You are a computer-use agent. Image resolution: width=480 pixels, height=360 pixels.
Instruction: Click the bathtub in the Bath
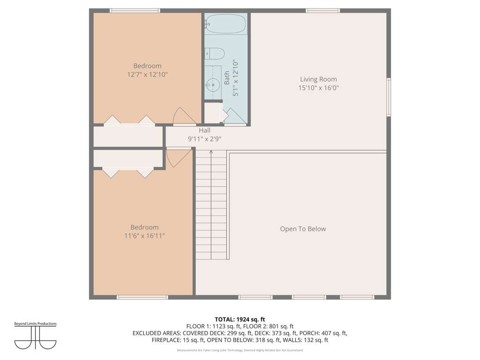[x=226, y=23]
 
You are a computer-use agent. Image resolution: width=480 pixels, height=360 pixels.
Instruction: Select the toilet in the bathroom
[x=215, y=53]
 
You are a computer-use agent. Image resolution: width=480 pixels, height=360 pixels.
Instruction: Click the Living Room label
[x=318, y=79]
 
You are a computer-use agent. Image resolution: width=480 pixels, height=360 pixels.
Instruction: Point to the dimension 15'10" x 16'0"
[x=318, y=88]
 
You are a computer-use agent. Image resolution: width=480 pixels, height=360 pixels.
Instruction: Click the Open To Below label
[x=303, y=229]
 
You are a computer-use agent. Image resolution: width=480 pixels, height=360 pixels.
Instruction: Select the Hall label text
[x=204, y=130]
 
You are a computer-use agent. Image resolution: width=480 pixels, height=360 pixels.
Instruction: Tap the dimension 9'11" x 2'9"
[x=204, y=139]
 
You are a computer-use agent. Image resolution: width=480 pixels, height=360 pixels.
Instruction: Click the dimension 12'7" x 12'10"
[x=147, y=75]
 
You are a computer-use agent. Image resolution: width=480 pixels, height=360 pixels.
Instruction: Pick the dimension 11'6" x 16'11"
[x=144, y=236]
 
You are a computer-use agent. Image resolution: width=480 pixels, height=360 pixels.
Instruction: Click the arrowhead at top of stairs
[x=211, y=151]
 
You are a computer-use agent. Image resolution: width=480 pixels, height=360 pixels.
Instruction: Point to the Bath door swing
[x=236, y=117]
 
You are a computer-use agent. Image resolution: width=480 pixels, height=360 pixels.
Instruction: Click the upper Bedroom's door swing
[x=185, y=116]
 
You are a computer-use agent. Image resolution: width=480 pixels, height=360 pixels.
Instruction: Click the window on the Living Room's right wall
[x=389, y=97]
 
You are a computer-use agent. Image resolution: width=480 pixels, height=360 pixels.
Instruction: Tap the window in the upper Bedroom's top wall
[x=135, y=11]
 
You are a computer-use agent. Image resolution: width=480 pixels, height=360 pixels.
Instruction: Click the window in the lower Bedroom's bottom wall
[x=142, y=297]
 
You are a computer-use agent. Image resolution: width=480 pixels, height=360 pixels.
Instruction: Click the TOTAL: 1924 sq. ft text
[x=240, y=320]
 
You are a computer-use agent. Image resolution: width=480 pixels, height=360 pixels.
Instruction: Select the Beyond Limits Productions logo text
[x=36, y=323]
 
